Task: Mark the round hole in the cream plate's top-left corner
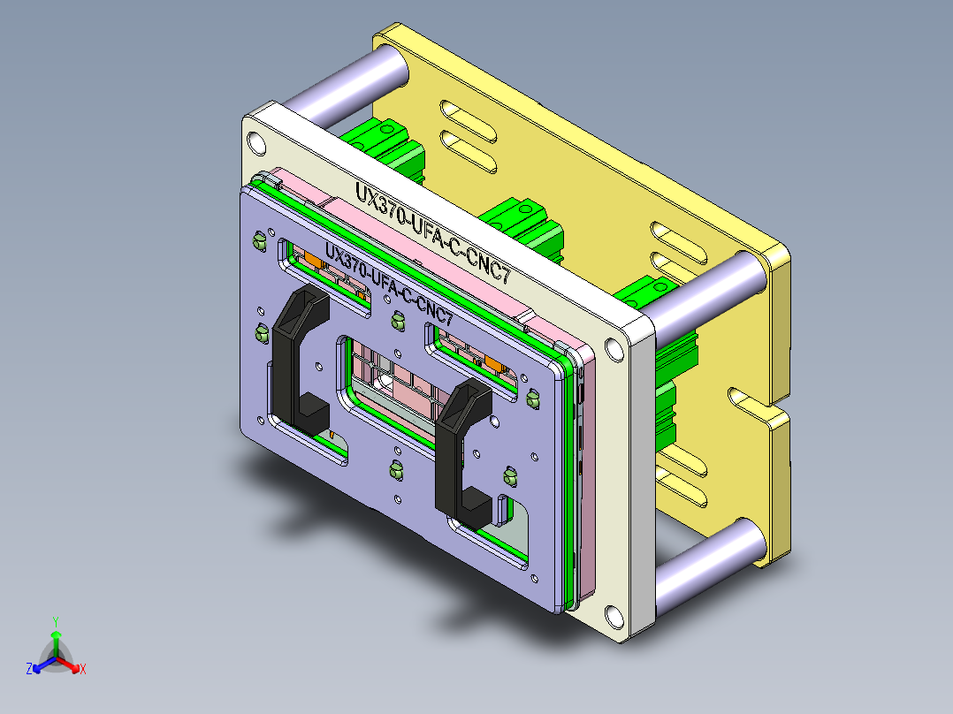pos(256,142)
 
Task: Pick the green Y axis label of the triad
pos(55,620)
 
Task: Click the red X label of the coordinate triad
pos(83,670)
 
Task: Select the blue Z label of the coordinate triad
pos(28,670)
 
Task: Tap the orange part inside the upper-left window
pos(314,261)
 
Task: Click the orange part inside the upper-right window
pos(494,363)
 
